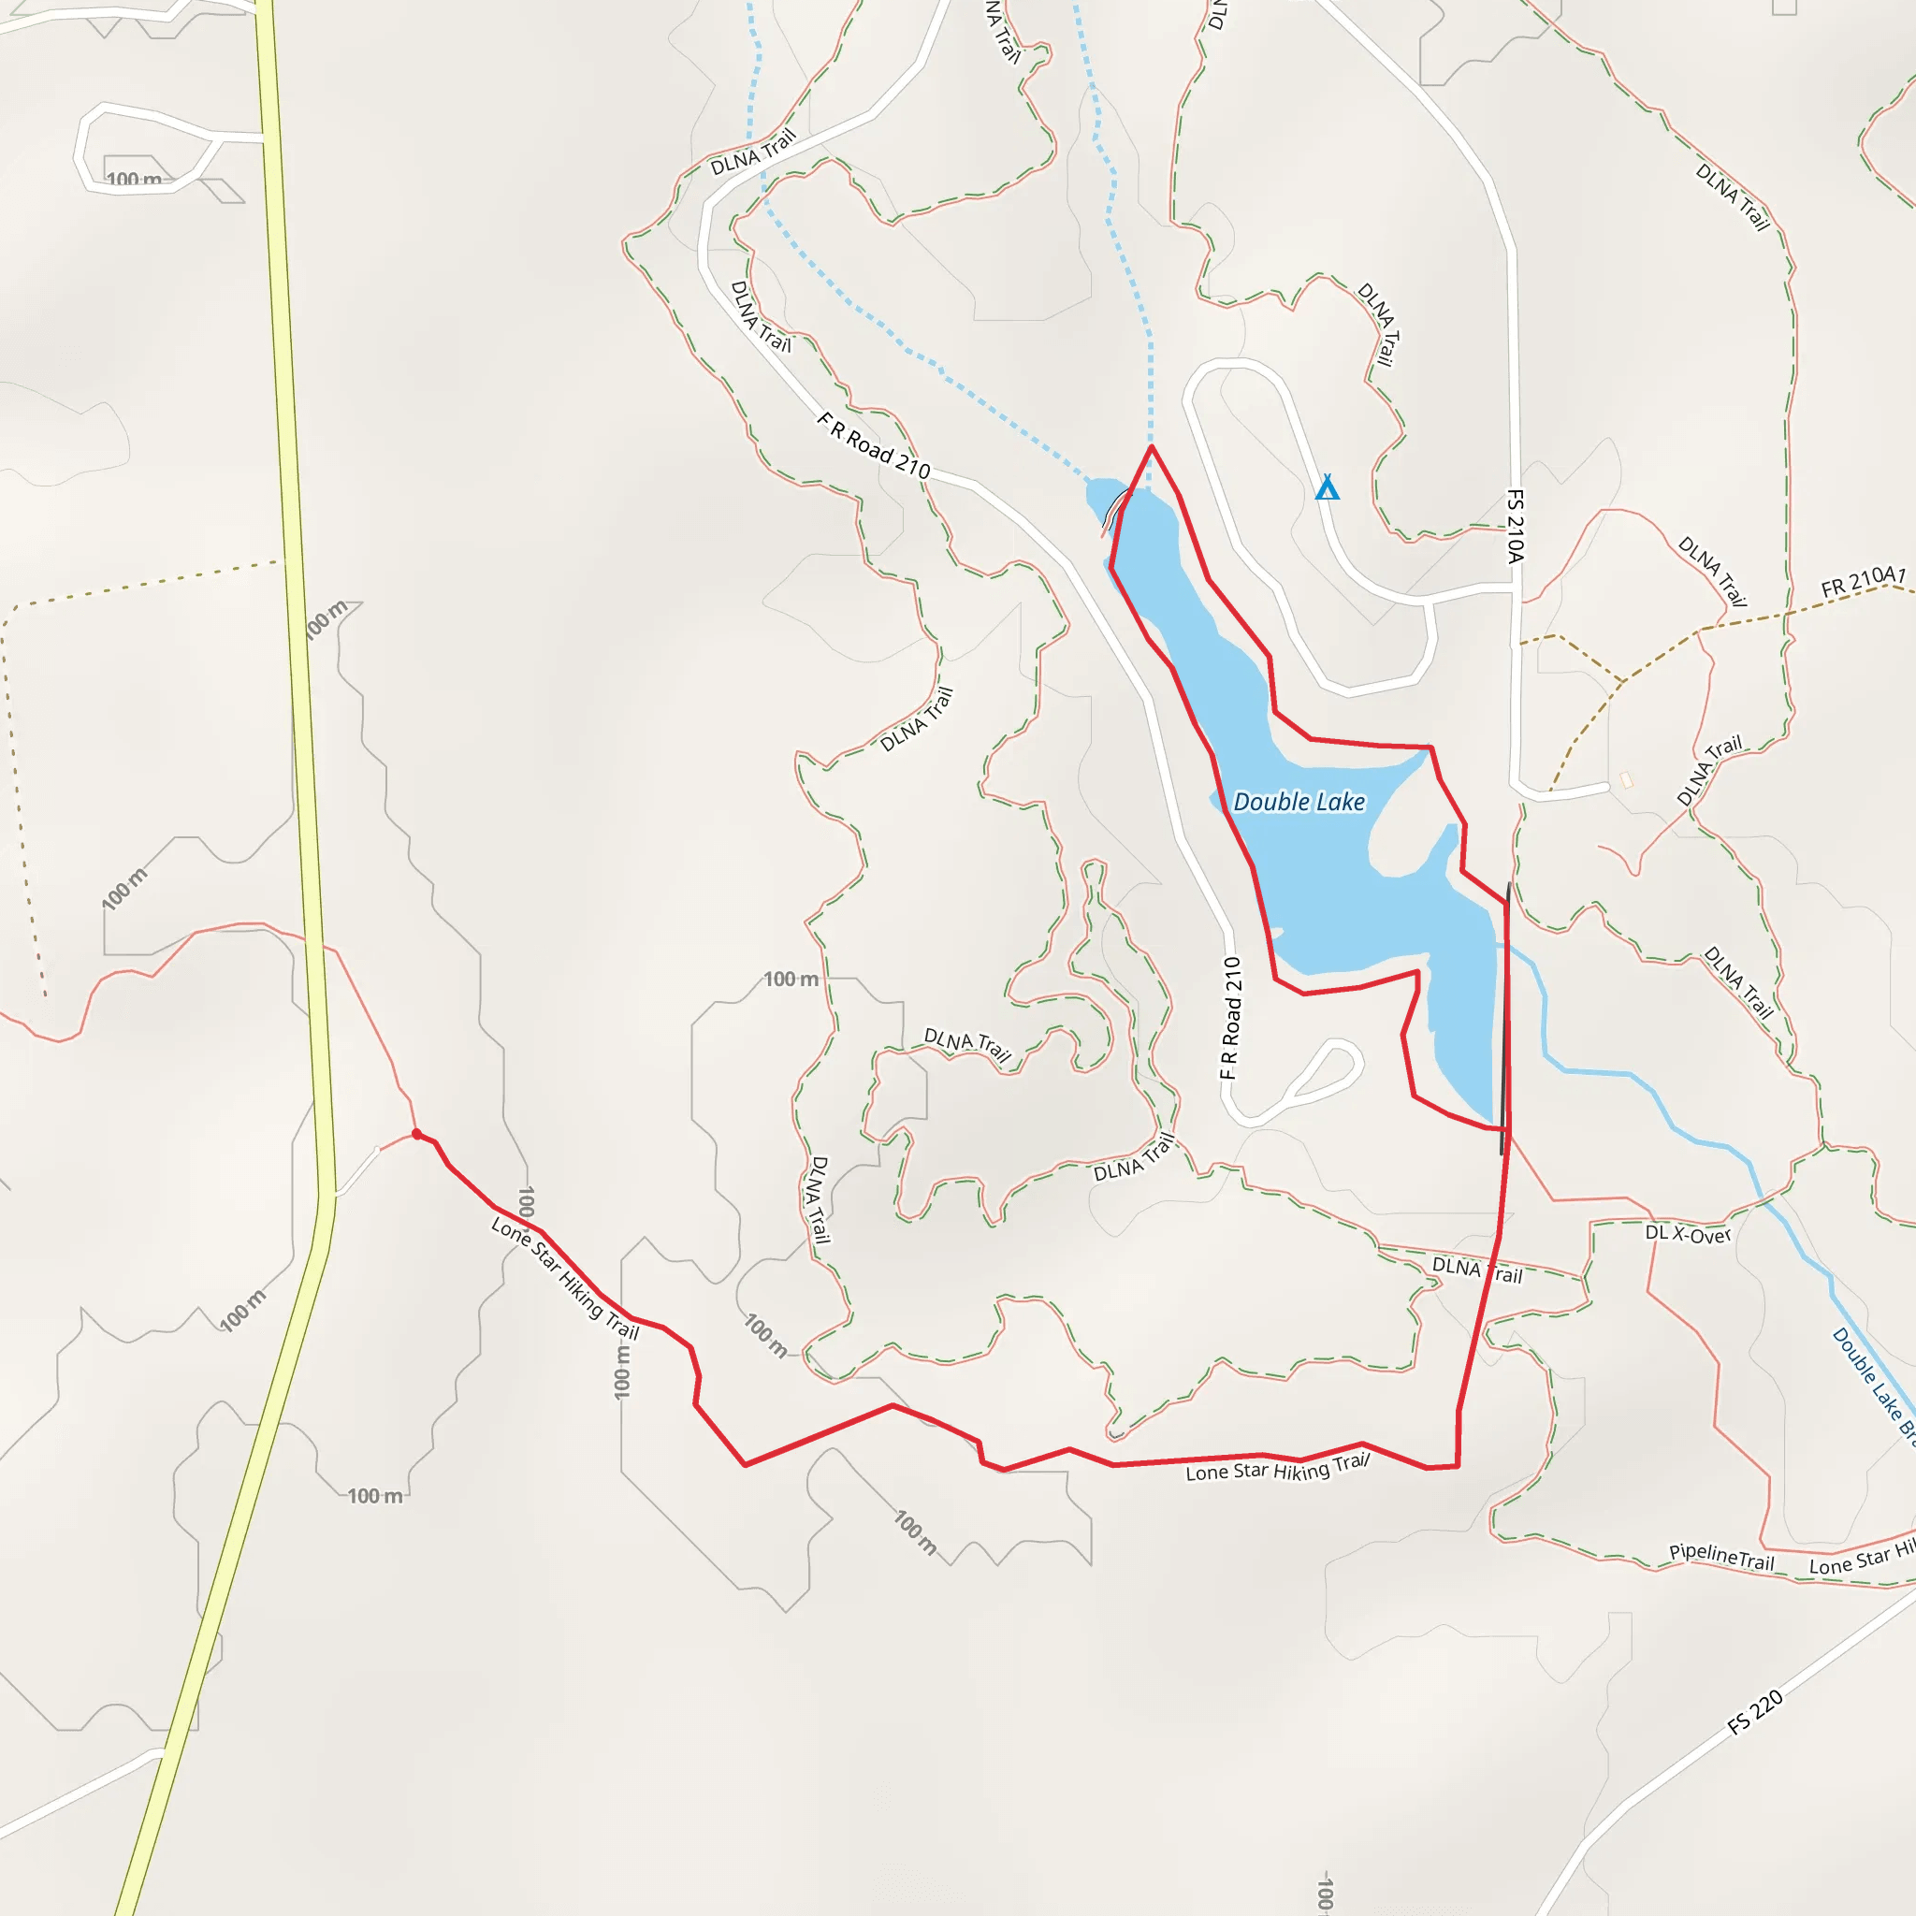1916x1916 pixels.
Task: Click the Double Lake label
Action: (x=1299, y=803)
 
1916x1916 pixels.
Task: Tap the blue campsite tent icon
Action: (x=1327, y=488)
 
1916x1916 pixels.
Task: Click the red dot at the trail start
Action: (x=416, y=1134)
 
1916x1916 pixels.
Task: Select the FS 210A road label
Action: (x=1515, y=526)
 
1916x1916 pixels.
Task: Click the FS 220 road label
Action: (x=1754, y=1713)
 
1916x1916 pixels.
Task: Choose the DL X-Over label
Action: (x=1688, y=1234)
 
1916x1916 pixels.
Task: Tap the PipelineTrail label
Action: (x=1720, y=1556)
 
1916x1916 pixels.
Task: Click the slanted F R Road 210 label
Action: (x=873, y=447)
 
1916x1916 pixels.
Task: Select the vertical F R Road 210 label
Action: (x=1229, y=1018)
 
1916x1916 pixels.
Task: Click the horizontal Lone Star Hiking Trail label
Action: (x=1277, y=1468)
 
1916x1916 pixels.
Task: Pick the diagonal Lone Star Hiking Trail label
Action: (x=564, y=1278)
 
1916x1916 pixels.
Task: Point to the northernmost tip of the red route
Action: (x=1152, y=447)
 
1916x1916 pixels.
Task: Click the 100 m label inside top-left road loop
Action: (x=134, y=180)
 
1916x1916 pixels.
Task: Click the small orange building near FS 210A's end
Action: (x=1626, y=780)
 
